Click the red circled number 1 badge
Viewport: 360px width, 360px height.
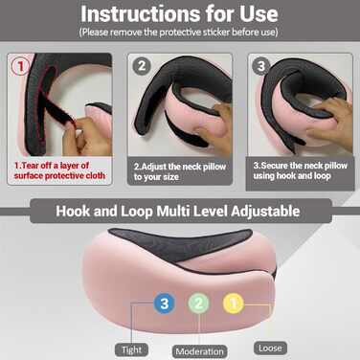pos(21,66)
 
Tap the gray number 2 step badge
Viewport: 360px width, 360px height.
pos(142,66)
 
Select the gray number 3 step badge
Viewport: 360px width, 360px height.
pos(261,66)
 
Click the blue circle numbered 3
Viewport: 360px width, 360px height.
pos(164,303)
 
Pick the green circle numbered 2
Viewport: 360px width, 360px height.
pos(198,303)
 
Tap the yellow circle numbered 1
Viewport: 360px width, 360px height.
pos(234,303)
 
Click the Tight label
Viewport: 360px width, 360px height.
pos(131,350)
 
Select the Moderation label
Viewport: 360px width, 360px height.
pos(200,351)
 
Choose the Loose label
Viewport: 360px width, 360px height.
pos(270,349)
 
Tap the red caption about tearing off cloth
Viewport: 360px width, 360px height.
pos(59,170)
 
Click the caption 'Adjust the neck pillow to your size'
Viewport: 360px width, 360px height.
pos(180,171)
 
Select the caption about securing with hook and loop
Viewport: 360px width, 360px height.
pos(300,170)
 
